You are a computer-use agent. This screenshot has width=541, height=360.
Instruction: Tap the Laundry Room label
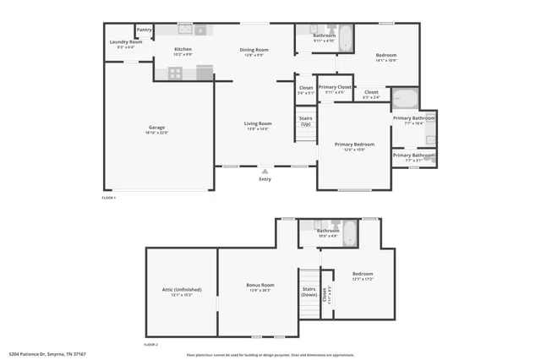[x=124, y=42]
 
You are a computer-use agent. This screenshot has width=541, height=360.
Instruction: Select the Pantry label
[x=145, y=30]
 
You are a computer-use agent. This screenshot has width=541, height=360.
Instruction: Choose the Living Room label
[x=257, y=124]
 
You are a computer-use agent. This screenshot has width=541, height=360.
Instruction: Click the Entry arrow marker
[x=265, y=172]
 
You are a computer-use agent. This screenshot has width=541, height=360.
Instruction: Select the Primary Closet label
[x=335, y=88]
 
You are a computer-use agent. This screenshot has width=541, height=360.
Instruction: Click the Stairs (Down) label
[x=309, y=292]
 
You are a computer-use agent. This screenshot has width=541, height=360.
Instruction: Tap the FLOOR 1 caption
[x=109, y=197]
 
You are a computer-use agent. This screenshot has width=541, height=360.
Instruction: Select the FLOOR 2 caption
[x=151, y=345]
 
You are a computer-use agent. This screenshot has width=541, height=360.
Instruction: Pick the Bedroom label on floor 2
[x=363, y=275]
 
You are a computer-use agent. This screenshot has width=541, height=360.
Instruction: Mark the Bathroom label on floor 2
[x=328, y=232]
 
